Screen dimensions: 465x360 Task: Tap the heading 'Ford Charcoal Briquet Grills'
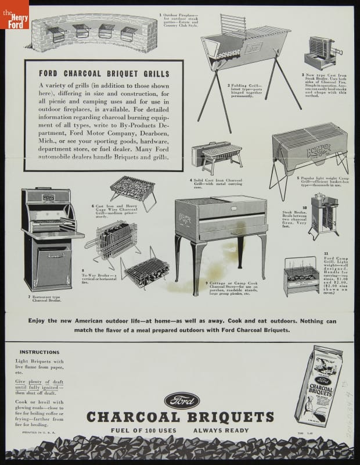pyautogui.click(x=103, y=74)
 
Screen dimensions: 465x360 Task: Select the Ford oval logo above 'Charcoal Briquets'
pyautogui.click(x=181, y=401)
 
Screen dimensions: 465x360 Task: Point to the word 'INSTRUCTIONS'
pyautogui.click(x=39, y=352)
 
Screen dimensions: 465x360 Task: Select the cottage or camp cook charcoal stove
pyautogui.click(x=221, y=233)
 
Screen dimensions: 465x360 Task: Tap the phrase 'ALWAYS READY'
pyautogui.click(x=221, y=431)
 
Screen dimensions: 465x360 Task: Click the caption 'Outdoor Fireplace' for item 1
pyautogui.click(x=178, y=20)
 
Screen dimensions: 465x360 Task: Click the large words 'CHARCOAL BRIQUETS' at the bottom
pyautogui.click(x=180, y=417)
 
